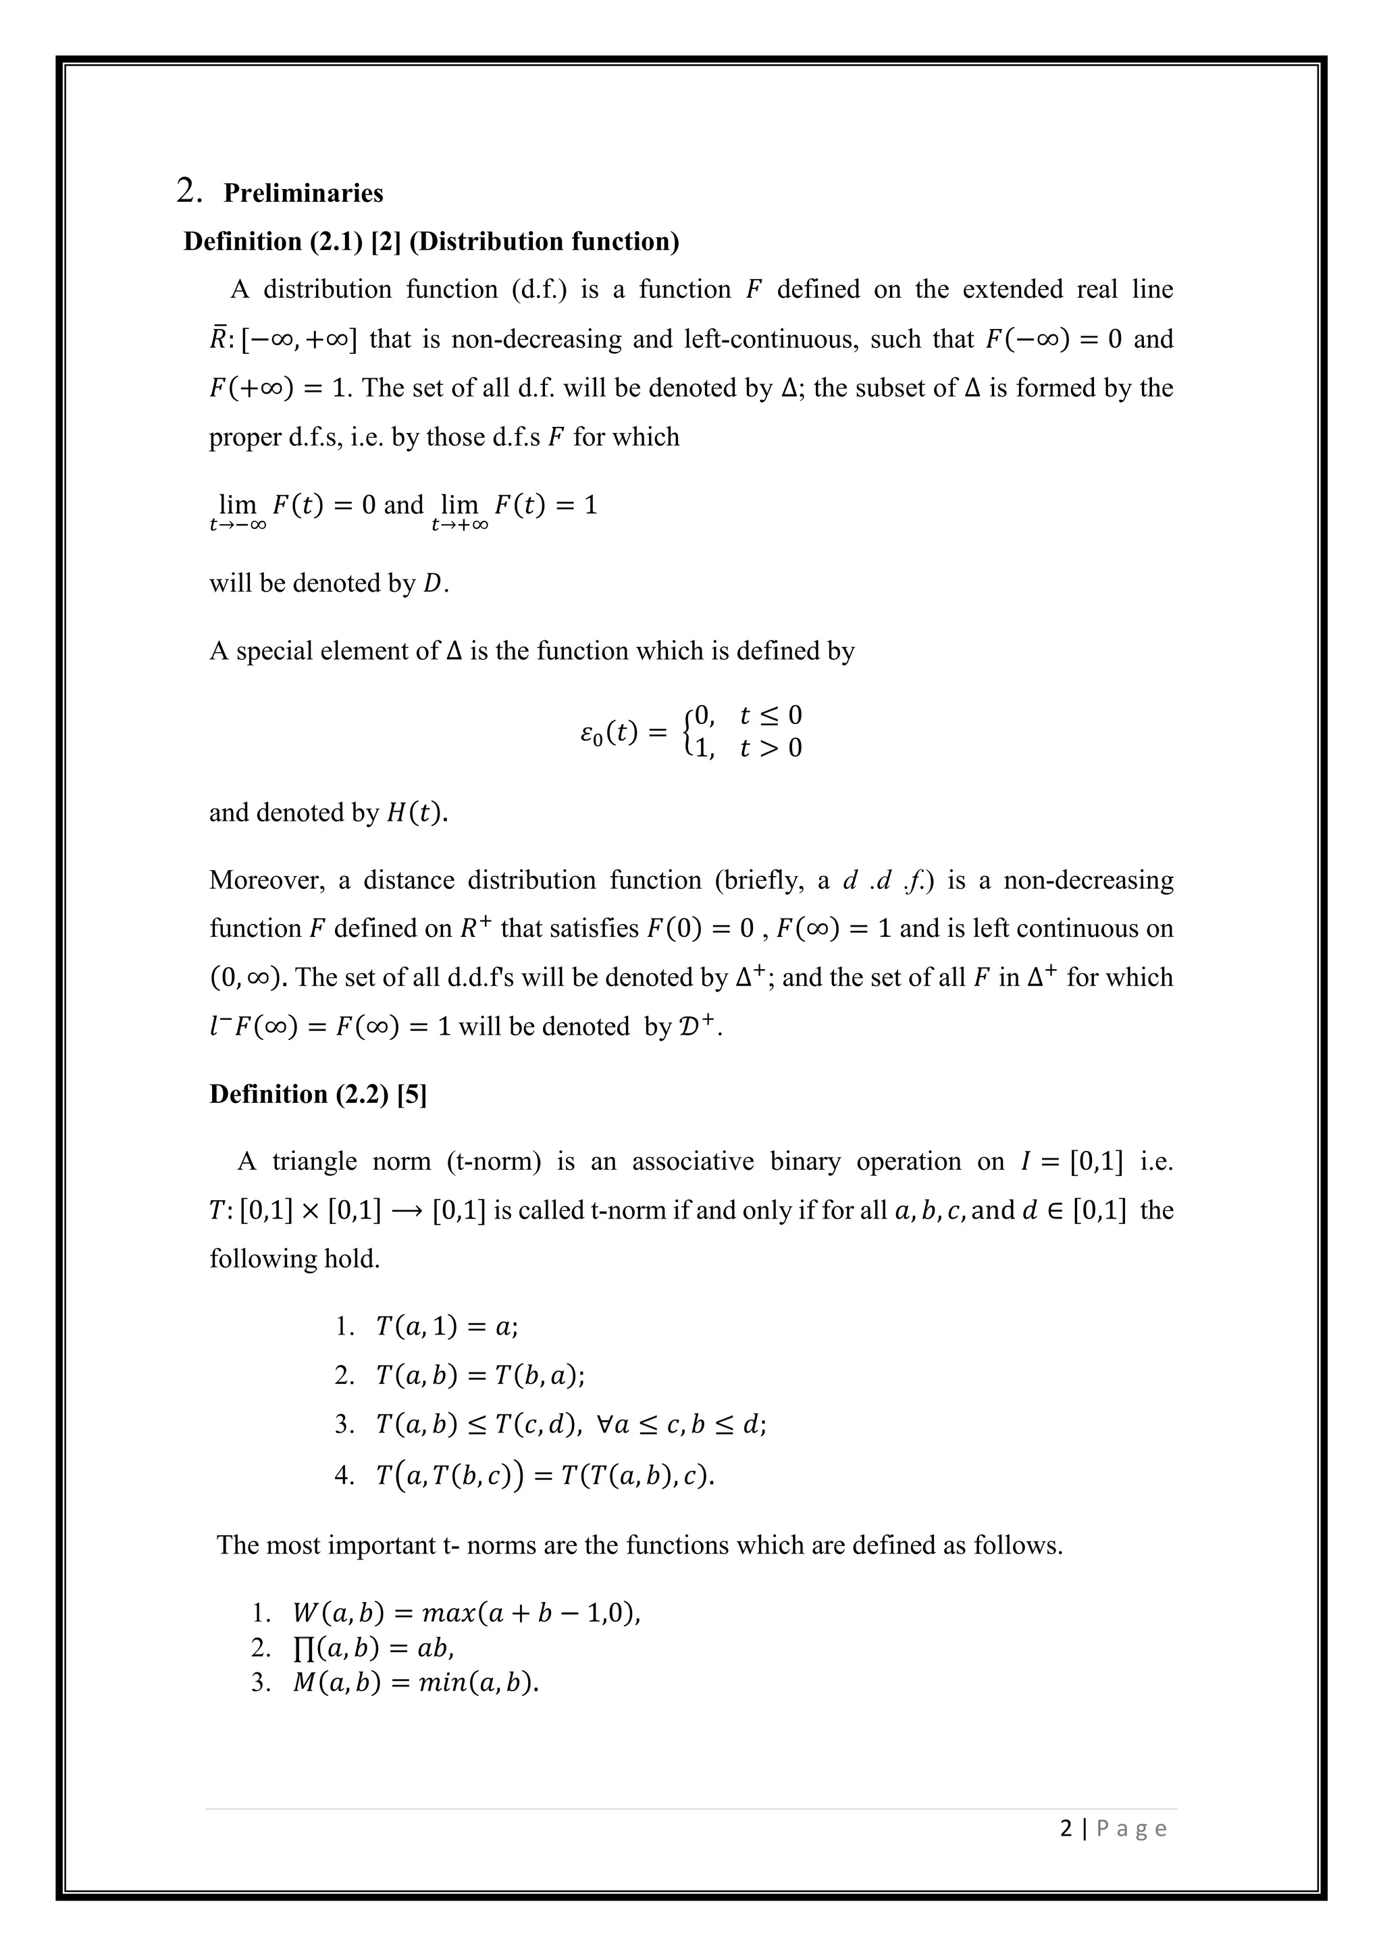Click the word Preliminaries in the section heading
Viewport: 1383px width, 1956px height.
(x=303, y=193)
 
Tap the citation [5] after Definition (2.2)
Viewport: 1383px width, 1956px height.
(x=412, y=1094)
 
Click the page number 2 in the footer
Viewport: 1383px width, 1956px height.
(x=1066, y=1828)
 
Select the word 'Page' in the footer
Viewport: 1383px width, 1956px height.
(x=1132, y=1828)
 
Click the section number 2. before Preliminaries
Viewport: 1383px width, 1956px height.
(x=188, y=191)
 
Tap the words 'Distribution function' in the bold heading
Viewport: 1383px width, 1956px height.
(x=544, y=242)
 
